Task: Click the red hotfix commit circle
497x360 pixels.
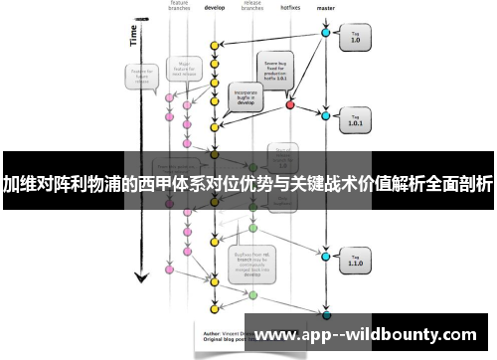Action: tap(290, 103)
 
